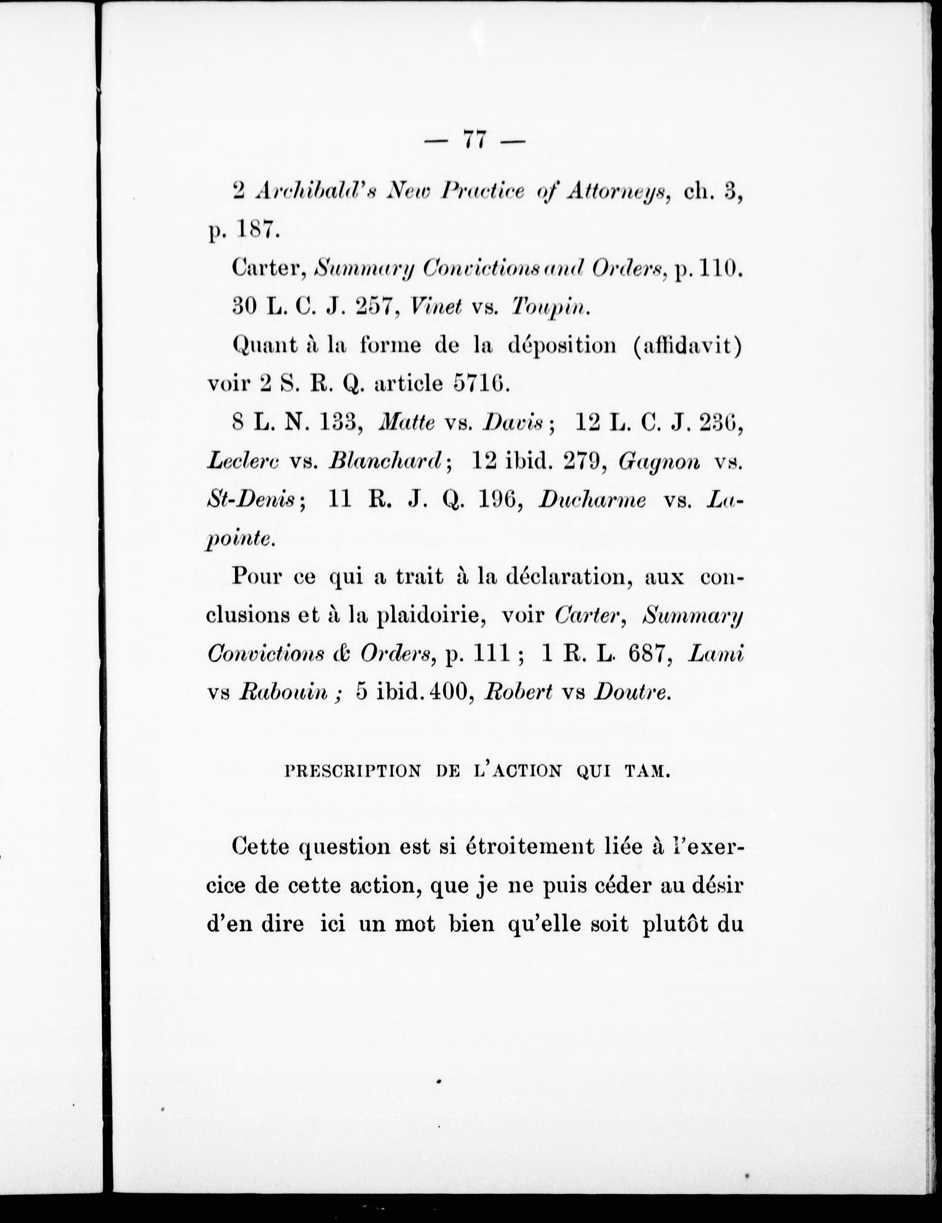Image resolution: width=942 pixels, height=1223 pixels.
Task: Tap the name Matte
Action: click(x=407, y=423)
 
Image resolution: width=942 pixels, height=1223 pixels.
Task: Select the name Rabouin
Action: click(x=283, y=693)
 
